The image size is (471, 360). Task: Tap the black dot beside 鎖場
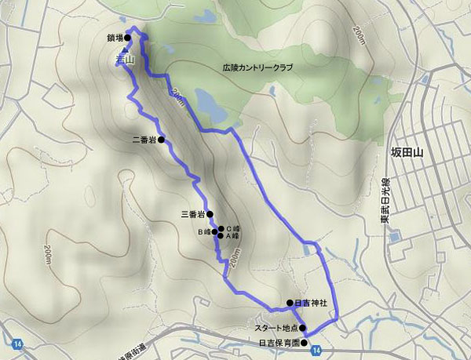click(x=127, y=37)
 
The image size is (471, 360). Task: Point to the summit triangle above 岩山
click(x=123, y=49)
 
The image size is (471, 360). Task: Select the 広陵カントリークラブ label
click(x=257, y=68)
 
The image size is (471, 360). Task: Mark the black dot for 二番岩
click(x=162, y=140)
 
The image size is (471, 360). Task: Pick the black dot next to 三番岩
click(x=210, y=213)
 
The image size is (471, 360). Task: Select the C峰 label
click(x=233, y=228)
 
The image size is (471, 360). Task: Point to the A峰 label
click(x=233, y=235)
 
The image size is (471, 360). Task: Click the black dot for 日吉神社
click(x=290, y=303)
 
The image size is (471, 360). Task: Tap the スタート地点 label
click(x=276, y=329)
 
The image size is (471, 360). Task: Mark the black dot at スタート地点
click(x=302, y=329)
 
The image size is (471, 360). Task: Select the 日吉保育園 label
click(x=279, y=343)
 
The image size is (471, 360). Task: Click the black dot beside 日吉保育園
click(x=304, y=343)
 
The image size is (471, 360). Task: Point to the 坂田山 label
click(x=407, y=154)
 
